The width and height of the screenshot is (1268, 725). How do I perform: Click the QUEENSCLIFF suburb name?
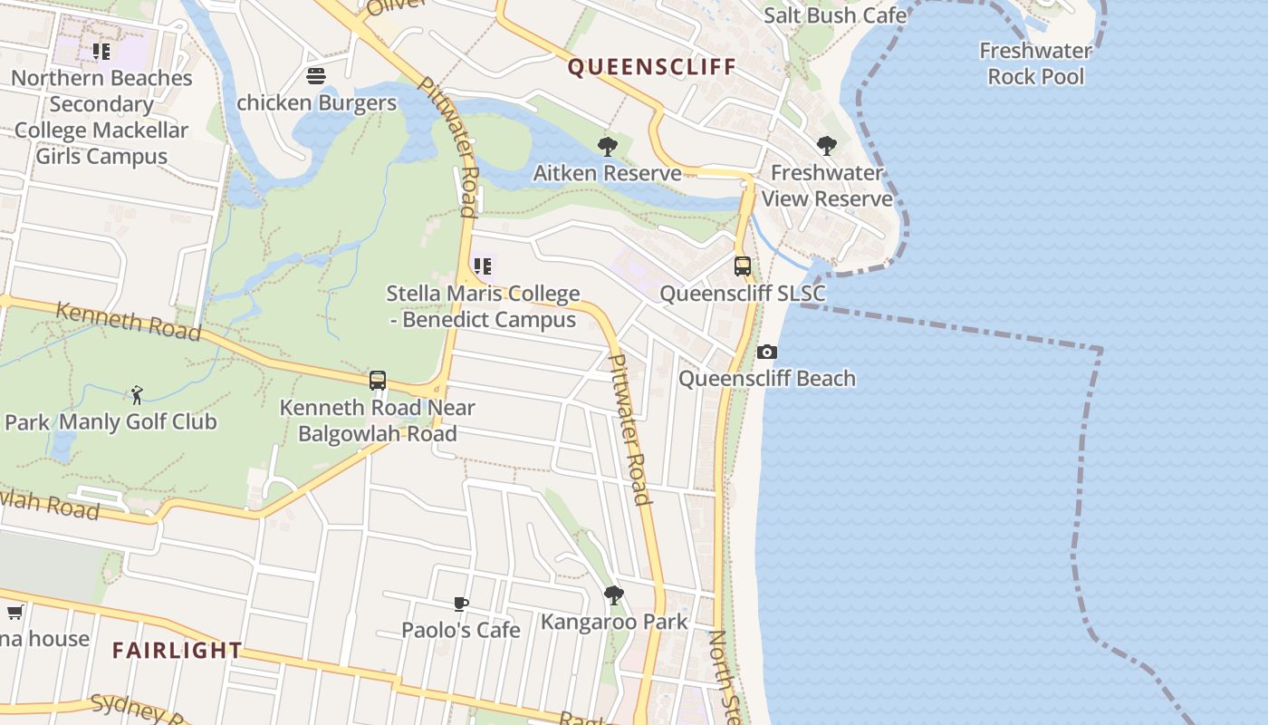click(651, 67)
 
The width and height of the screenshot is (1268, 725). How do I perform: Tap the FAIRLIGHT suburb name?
click(178, 650)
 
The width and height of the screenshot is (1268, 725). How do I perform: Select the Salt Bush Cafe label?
click(834, 15)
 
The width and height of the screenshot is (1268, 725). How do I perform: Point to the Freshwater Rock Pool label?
click(1035, 63)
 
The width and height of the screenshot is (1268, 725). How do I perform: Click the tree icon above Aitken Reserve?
click(608, 146)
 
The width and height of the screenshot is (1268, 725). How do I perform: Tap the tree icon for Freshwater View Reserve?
click(826, 145)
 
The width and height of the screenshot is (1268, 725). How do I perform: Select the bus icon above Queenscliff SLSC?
click(743, 266)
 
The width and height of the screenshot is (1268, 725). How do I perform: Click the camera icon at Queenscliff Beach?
click(766, 352)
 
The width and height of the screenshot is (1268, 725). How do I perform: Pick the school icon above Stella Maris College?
click(483, 266)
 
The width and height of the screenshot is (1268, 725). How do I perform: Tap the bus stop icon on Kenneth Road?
click(378, 381)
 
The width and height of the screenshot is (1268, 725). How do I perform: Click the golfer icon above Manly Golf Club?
click(137, 395)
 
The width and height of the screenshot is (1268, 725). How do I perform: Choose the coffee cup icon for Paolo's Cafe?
click(461, 604)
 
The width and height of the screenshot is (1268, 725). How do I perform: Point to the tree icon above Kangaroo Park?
click(614, 595)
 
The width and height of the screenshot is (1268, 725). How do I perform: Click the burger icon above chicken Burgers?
click(316, 76)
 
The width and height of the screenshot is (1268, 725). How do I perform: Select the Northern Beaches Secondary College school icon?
click(101, 52)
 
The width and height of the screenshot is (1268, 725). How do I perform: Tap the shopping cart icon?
click(14, 613)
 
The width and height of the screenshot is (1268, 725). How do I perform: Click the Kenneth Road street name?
click(128, 321)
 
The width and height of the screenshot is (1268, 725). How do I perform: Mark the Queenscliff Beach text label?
click(767, 378)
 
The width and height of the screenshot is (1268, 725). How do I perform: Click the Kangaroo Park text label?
click(614, 622)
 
